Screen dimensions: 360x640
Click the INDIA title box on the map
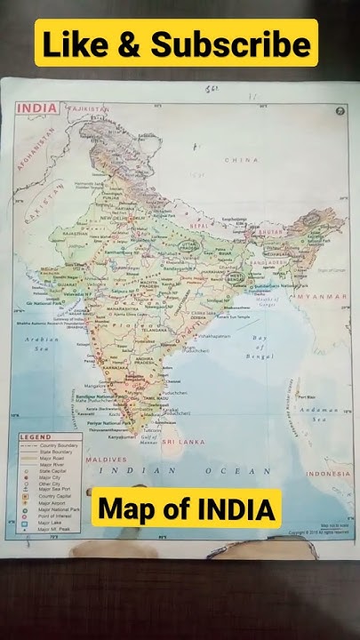coord(37,108)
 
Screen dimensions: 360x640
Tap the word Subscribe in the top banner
coord(233,45)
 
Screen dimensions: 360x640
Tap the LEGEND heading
coord(36,437)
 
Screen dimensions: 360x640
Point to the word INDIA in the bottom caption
coord(235,509)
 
